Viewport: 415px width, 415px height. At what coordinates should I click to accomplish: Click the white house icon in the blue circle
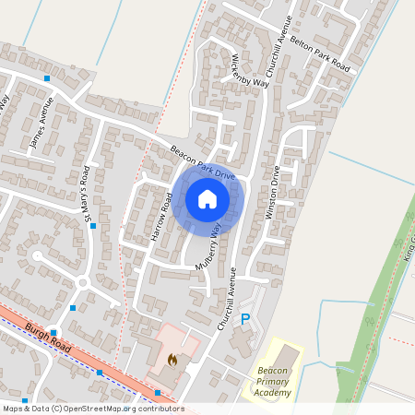pos(207,198)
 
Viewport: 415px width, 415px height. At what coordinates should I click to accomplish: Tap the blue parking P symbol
pos(245,319)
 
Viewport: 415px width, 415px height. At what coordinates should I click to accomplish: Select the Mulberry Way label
pos(209,245)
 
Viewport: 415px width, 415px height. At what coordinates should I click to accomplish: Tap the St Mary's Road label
pos(89,195)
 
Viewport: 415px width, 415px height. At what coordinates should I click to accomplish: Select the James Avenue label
pos(41,126)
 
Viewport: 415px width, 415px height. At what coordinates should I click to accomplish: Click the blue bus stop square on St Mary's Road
pos(93,225)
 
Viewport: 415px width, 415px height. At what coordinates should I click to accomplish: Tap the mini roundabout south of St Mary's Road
pos(82,282)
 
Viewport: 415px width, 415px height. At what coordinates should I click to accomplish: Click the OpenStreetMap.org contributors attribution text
pos(120,408)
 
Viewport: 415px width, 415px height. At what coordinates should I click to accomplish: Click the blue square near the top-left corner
pos(47,78)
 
